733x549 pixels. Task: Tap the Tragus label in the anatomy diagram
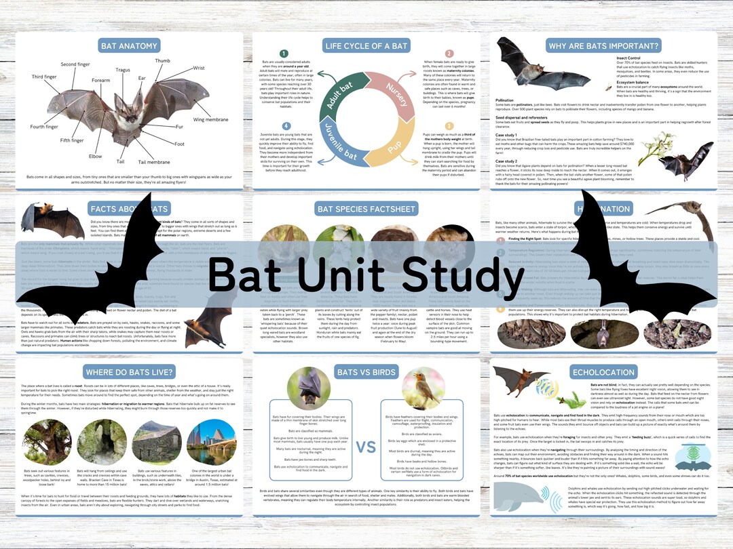point(123,70)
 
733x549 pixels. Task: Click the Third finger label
point(44,77)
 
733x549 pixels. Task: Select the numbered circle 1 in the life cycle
point(284,54)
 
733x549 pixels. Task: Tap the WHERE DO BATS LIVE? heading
point(128,372)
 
